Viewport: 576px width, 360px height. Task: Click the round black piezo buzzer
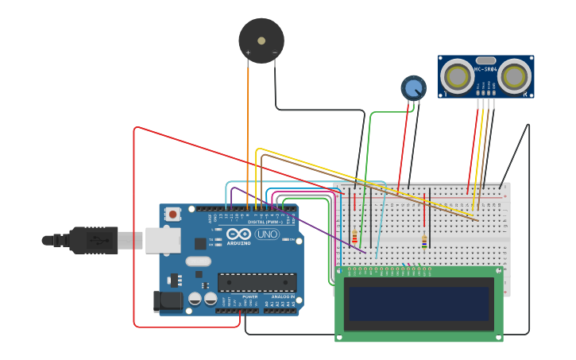coord(261,41)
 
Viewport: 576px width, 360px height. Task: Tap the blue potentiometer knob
coord(413,87)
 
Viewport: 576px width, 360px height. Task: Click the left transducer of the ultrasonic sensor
coord(458,76)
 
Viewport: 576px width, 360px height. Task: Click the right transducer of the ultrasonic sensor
coord(515,76)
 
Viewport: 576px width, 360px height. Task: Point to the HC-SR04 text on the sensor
coord(485,69)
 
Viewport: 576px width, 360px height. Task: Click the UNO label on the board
coord(267,234)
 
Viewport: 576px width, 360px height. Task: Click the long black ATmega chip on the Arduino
coord(257,282)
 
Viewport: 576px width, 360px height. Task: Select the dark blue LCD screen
coord(419,304)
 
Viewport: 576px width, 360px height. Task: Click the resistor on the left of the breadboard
coord(354,237)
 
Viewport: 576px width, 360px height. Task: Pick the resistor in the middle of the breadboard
coord(424,242)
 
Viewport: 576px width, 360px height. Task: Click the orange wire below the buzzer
coord(247,127)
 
